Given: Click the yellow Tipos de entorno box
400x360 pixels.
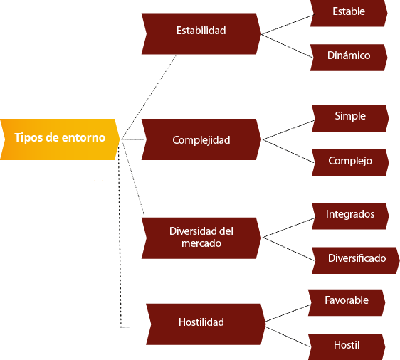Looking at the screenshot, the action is point(60,139).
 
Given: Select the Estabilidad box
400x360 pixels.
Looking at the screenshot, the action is point(201,33).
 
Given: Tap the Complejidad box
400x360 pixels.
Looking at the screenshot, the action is point(201,139).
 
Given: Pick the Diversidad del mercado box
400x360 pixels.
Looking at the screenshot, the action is point(201,238).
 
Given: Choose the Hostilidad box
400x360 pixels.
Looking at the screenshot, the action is point(206,324).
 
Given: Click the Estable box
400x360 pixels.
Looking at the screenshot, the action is point(349,13).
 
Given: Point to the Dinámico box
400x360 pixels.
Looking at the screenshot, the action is point(349,58).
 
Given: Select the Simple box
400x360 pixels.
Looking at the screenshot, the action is point(350,118).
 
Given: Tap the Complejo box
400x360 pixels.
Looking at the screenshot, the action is point(350,163).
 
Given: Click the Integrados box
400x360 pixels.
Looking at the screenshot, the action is point(350,216).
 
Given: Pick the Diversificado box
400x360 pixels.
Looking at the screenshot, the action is point(356,260).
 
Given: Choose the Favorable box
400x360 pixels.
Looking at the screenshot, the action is point(347,302).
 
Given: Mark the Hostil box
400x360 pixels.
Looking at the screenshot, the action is point(347,346).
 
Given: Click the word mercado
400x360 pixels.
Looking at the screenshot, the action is point(201,243).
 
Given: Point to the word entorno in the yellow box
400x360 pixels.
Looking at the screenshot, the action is point(83,138).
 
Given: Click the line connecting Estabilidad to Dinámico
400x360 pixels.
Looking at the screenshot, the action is point(287,46).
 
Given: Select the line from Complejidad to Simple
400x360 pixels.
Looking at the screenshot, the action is point(289,129).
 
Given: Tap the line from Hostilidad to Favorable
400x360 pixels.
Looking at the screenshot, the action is point(288,313).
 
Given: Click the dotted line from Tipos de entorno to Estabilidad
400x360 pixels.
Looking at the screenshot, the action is point(149,97).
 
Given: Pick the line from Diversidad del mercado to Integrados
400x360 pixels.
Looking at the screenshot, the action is point(289,228).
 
